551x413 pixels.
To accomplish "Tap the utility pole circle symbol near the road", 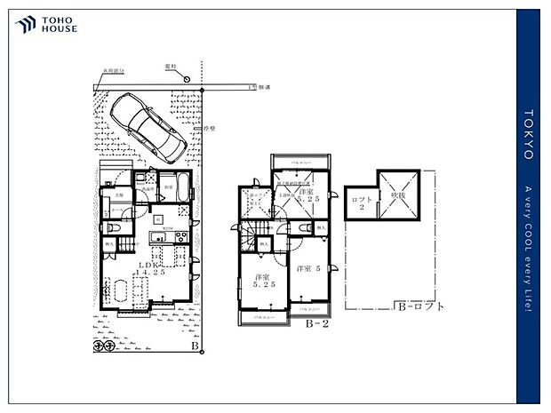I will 188,79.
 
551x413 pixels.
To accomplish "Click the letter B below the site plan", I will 194,346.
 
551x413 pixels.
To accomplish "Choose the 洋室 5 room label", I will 307,268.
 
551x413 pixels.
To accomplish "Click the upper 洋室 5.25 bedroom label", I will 308,196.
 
